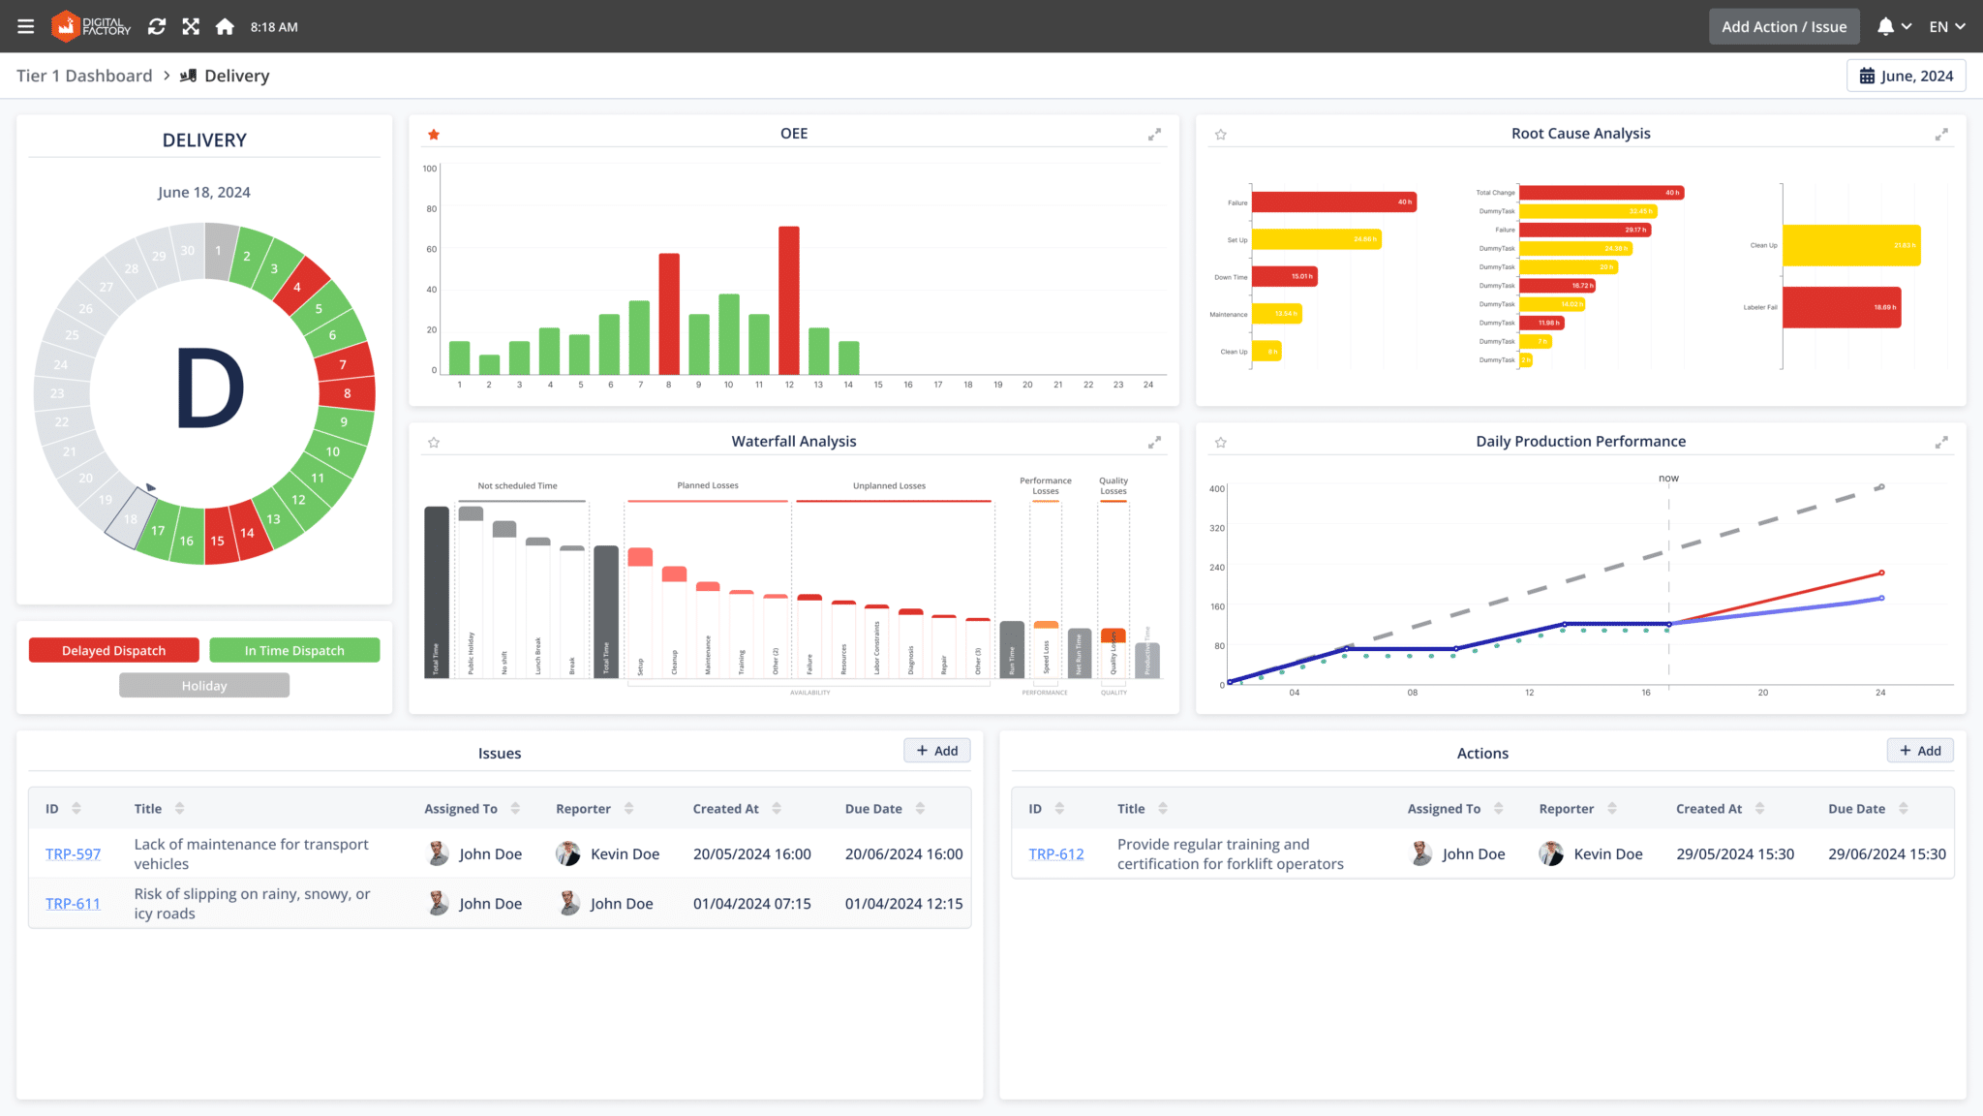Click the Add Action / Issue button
[1784, 27]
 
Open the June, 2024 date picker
[1906, 76]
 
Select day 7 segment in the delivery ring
[343, 364]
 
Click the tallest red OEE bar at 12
[789, 300]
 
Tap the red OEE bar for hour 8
[668, 314]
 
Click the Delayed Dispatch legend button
[114, 650]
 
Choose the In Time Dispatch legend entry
[294, 650]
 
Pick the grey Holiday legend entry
[204, 686]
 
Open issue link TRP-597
[73, 854]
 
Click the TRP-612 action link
[1056, 854]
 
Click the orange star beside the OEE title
[434, 135]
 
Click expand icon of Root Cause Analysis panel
[1941, 135]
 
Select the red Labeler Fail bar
[1841, 307]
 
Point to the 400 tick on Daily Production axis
[1217, 488]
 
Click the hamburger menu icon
[26, 27]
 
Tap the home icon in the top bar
[225, 27]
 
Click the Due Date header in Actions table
[1856, 809]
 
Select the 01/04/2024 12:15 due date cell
[903, 904]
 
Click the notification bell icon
[1885, 27]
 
